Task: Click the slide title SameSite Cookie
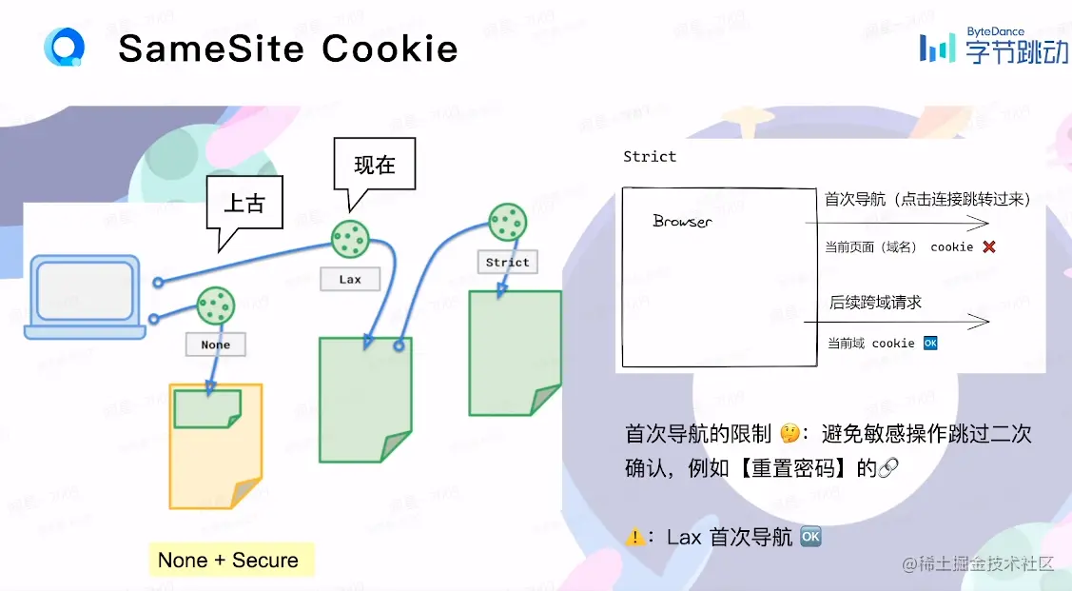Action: [288, 49]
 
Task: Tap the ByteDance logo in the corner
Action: [993, 46]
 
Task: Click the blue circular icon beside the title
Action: [65, 47]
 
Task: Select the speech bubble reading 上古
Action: [244, 206]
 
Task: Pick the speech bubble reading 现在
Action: [375, 166]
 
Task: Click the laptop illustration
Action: [86, 296]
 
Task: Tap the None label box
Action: [216, 345]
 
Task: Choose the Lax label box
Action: [350, 280]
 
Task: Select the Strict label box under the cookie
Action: [507, 263]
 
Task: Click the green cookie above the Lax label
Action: [350, 238]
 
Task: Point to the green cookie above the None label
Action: [216, 305]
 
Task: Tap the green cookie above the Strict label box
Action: [507, 223]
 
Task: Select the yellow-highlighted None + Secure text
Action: [228, 561]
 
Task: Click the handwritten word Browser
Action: [682, 221]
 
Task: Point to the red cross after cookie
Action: [989, 246]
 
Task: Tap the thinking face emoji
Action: [789, 434]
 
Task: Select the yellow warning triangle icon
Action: [635, 537]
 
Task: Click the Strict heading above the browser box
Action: [650, 156]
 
